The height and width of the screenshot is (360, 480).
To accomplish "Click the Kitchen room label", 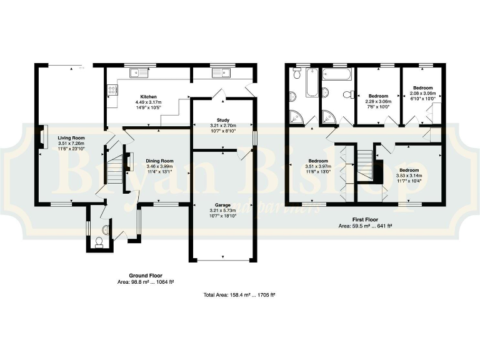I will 148,96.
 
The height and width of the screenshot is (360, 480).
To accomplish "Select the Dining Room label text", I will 159,161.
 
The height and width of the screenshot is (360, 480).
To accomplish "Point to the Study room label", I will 223,119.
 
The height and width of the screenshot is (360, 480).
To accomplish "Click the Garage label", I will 223,205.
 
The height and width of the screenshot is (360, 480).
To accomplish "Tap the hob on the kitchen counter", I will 113,92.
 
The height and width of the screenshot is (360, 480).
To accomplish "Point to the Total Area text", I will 239,294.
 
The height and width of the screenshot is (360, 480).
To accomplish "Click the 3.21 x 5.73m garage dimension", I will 223,211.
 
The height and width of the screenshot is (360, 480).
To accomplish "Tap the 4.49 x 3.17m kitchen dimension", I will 148,102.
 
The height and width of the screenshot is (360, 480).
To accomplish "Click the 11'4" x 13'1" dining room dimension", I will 159,172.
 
